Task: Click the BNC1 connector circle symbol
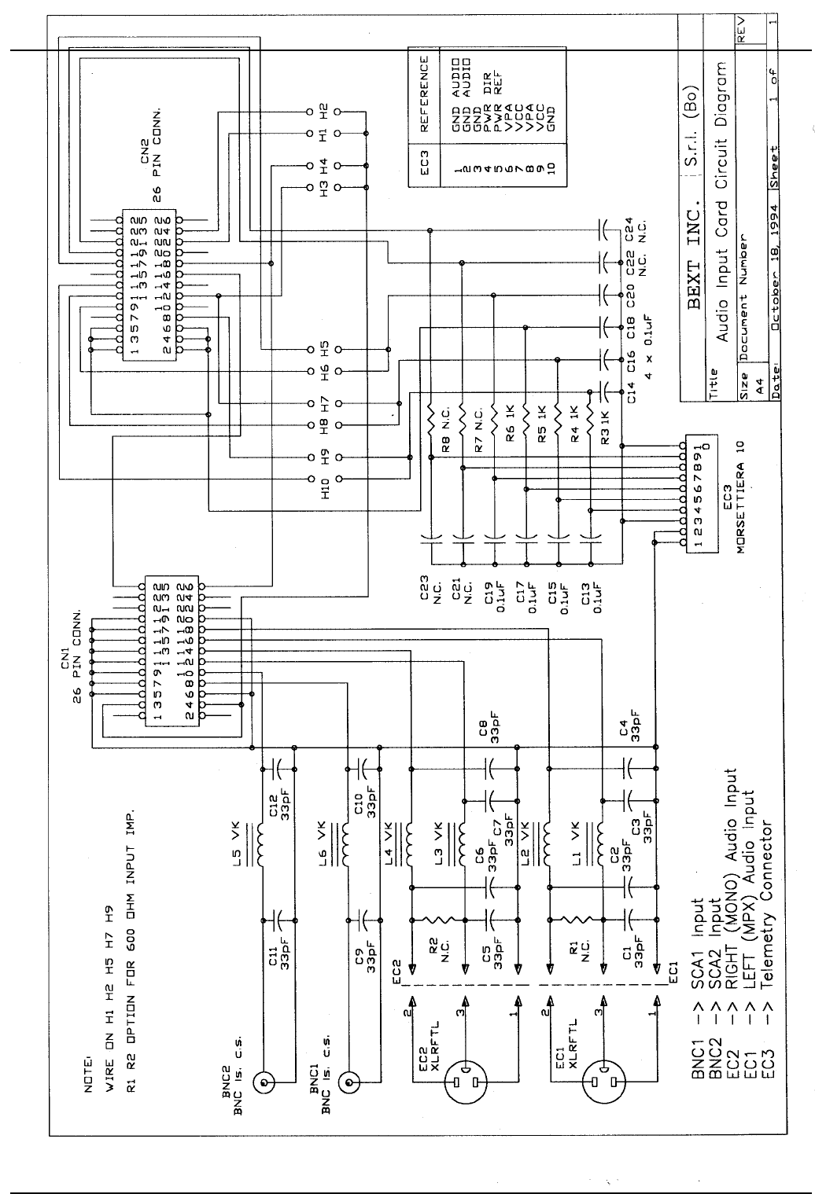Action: coord(349,1083)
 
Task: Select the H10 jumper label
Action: coord(324,489)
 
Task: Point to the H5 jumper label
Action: coord(324,349)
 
